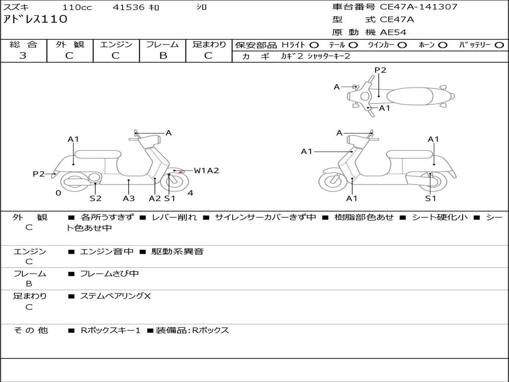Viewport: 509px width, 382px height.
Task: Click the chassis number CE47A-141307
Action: pos(419,7)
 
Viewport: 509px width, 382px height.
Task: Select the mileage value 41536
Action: pos(129,7)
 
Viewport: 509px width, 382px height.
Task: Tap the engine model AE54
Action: pos(393,32)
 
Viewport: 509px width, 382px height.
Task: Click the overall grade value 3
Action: pos(23,56)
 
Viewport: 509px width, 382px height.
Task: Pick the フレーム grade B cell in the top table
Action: pos(163,56)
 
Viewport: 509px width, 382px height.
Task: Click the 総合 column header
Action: pos(23,44)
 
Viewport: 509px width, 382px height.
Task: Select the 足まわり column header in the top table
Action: pos(209,44)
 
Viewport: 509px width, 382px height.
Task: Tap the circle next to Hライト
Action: pos(314,45)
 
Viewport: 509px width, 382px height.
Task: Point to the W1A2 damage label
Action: pos(206,171)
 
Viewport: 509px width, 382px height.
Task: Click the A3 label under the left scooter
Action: pos(129,198)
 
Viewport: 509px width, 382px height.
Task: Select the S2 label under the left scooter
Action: pos(95,198)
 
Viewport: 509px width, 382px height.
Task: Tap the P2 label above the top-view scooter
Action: pos(380,70)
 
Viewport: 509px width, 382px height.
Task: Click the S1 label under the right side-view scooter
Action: pos(430,198)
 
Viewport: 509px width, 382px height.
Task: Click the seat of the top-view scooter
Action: pos(411,96)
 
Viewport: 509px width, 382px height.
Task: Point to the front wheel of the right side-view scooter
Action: pos(333,181)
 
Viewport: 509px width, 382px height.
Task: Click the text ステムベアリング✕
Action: pos(115,296)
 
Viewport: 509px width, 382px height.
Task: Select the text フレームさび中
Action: pos(109,274)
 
